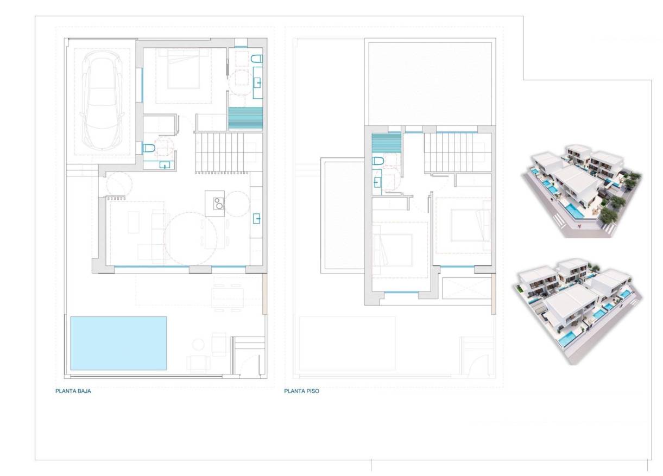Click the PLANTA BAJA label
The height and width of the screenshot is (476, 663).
tap(73, 390)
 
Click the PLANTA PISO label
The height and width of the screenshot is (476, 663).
tap(301, 390)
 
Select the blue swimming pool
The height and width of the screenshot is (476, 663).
tap(118, 343)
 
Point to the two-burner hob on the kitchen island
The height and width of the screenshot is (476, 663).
tap(218, 204)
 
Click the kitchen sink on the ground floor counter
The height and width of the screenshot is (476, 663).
tap(257, 219)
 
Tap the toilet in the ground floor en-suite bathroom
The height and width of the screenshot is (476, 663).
tap(257, 59)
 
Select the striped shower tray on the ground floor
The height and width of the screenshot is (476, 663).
tap(245, 118)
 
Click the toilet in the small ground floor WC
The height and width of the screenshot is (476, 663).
tap(148, 148)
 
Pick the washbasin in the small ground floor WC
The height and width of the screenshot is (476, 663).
tap(164, 165)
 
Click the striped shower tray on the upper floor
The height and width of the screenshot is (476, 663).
tap(387, 144)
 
